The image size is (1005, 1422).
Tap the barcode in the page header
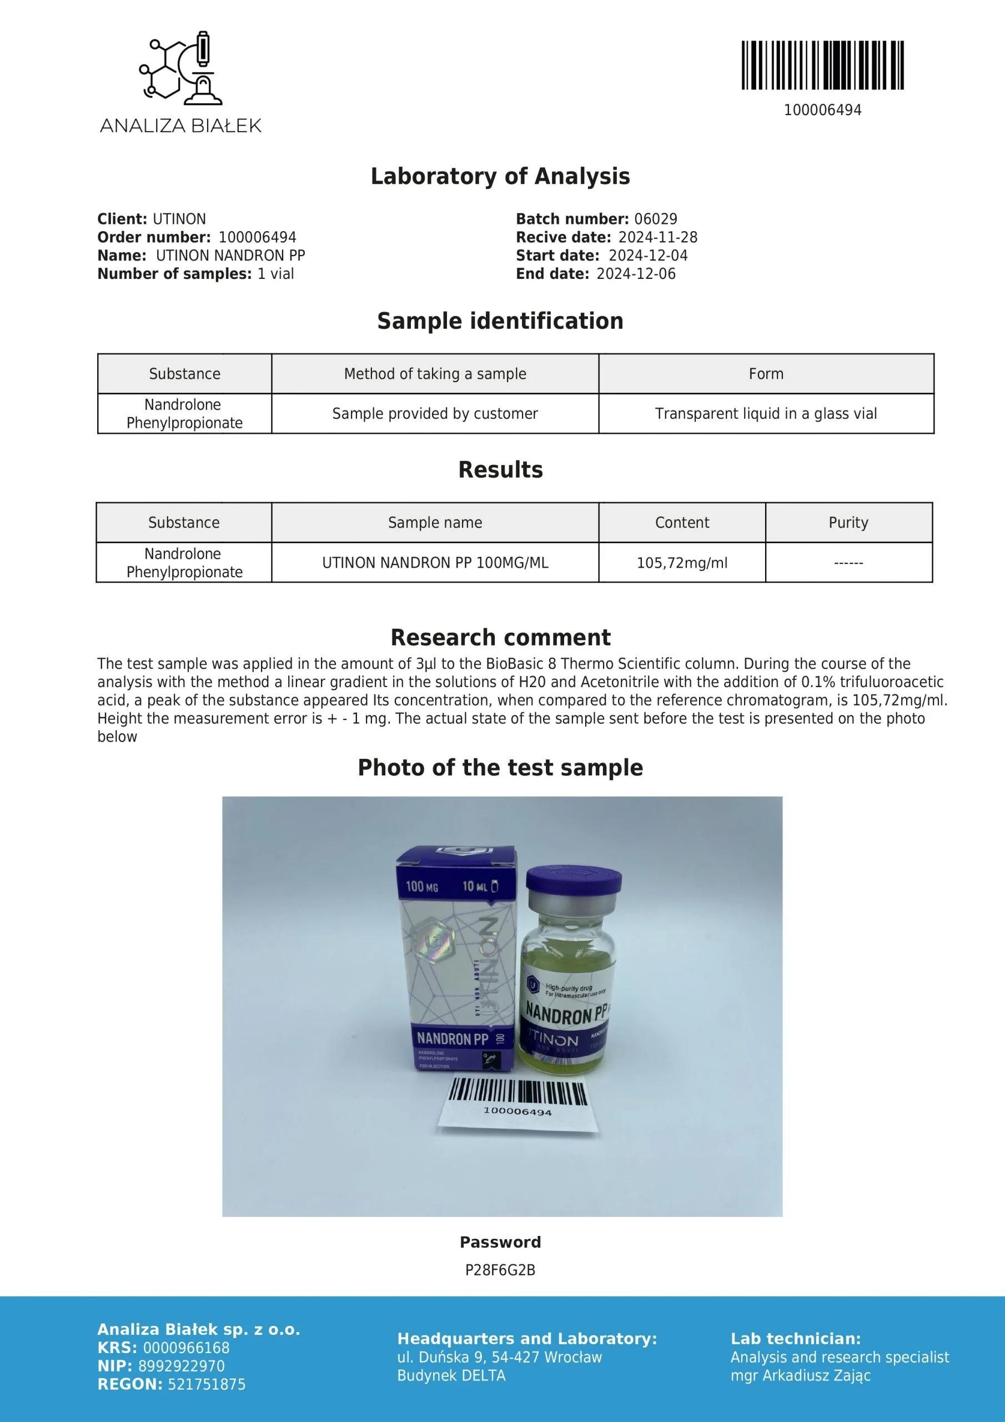822,65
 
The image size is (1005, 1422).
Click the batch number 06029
655,219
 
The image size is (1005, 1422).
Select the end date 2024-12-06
635,274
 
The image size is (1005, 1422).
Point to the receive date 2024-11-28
657,238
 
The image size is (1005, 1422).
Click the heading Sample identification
500,321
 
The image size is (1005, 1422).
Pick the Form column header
766,374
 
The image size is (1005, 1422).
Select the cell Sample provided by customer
435,414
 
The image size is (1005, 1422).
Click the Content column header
682,523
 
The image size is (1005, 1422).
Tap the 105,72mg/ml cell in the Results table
682,563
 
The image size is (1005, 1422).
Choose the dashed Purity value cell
848,563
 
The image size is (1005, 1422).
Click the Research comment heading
500,637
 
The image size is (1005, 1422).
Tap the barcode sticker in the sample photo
517,1104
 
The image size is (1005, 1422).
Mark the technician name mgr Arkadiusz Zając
800,1375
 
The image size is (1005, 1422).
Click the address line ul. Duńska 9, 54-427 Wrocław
499,1358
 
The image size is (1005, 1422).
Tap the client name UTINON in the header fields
179,219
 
